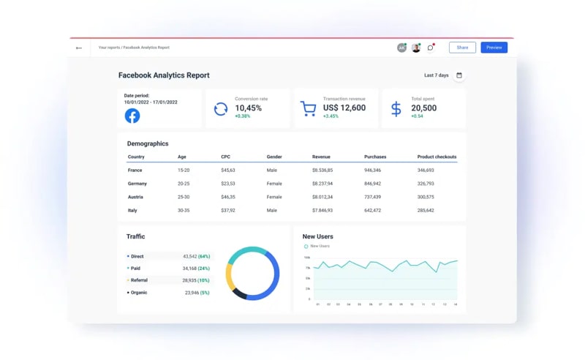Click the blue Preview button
pos(494,48)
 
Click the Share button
pos(462,48)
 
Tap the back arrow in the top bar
pos(79,48)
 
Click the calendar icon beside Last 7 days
pos(459,75)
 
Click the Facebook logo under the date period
pos(132,116)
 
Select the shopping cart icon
pos(308,109)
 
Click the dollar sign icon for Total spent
pos(396,109)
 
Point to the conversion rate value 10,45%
pos(248,108)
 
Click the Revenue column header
pos(321,157)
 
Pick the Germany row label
pos(137,184)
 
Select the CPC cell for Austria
pos(228,197)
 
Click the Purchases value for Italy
pos(372,210)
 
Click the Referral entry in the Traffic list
pos(138,280)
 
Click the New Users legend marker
pos(306,247)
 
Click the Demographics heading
pos(148,143)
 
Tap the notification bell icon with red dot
pos(431,48)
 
